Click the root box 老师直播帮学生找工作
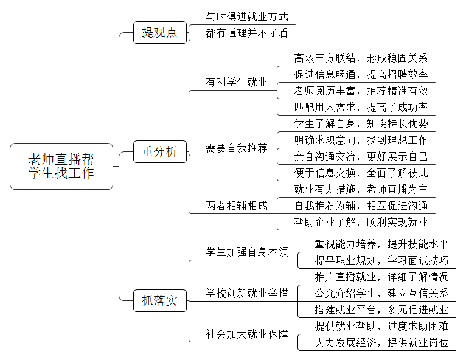click(x=61, y=167)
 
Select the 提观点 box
click(x=160, y=32)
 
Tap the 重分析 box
click(x=160, y=151)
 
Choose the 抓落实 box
click(x=160, y=300)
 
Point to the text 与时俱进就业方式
click(x=247, y=16)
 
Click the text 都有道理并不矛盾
click(x=247, y=33)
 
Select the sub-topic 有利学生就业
click(x=237, y=82)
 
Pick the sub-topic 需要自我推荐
click(x=237, y=148)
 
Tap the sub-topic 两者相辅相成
click(x=237, y=206)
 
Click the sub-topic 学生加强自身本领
click(x=247, y=252)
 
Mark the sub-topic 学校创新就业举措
click(x=247, y=293)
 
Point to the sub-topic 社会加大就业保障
click(x=247, y=334)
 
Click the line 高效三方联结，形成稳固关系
click(x=361, y=58)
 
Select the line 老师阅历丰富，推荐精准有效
click(x=361, y=91)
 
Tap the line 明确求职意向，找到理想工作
click(x=361, y=140)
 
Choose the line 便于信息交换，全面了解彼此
click(x=361, y=173)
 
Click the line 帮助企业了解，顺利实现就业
click(x=361, y=222)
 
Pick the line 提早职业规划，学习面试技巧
click(x=381, y=260)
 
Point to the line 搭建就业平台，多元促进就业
click(x=381, y=310)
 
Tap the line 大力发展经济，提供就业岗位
click(x=381, y=343)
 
